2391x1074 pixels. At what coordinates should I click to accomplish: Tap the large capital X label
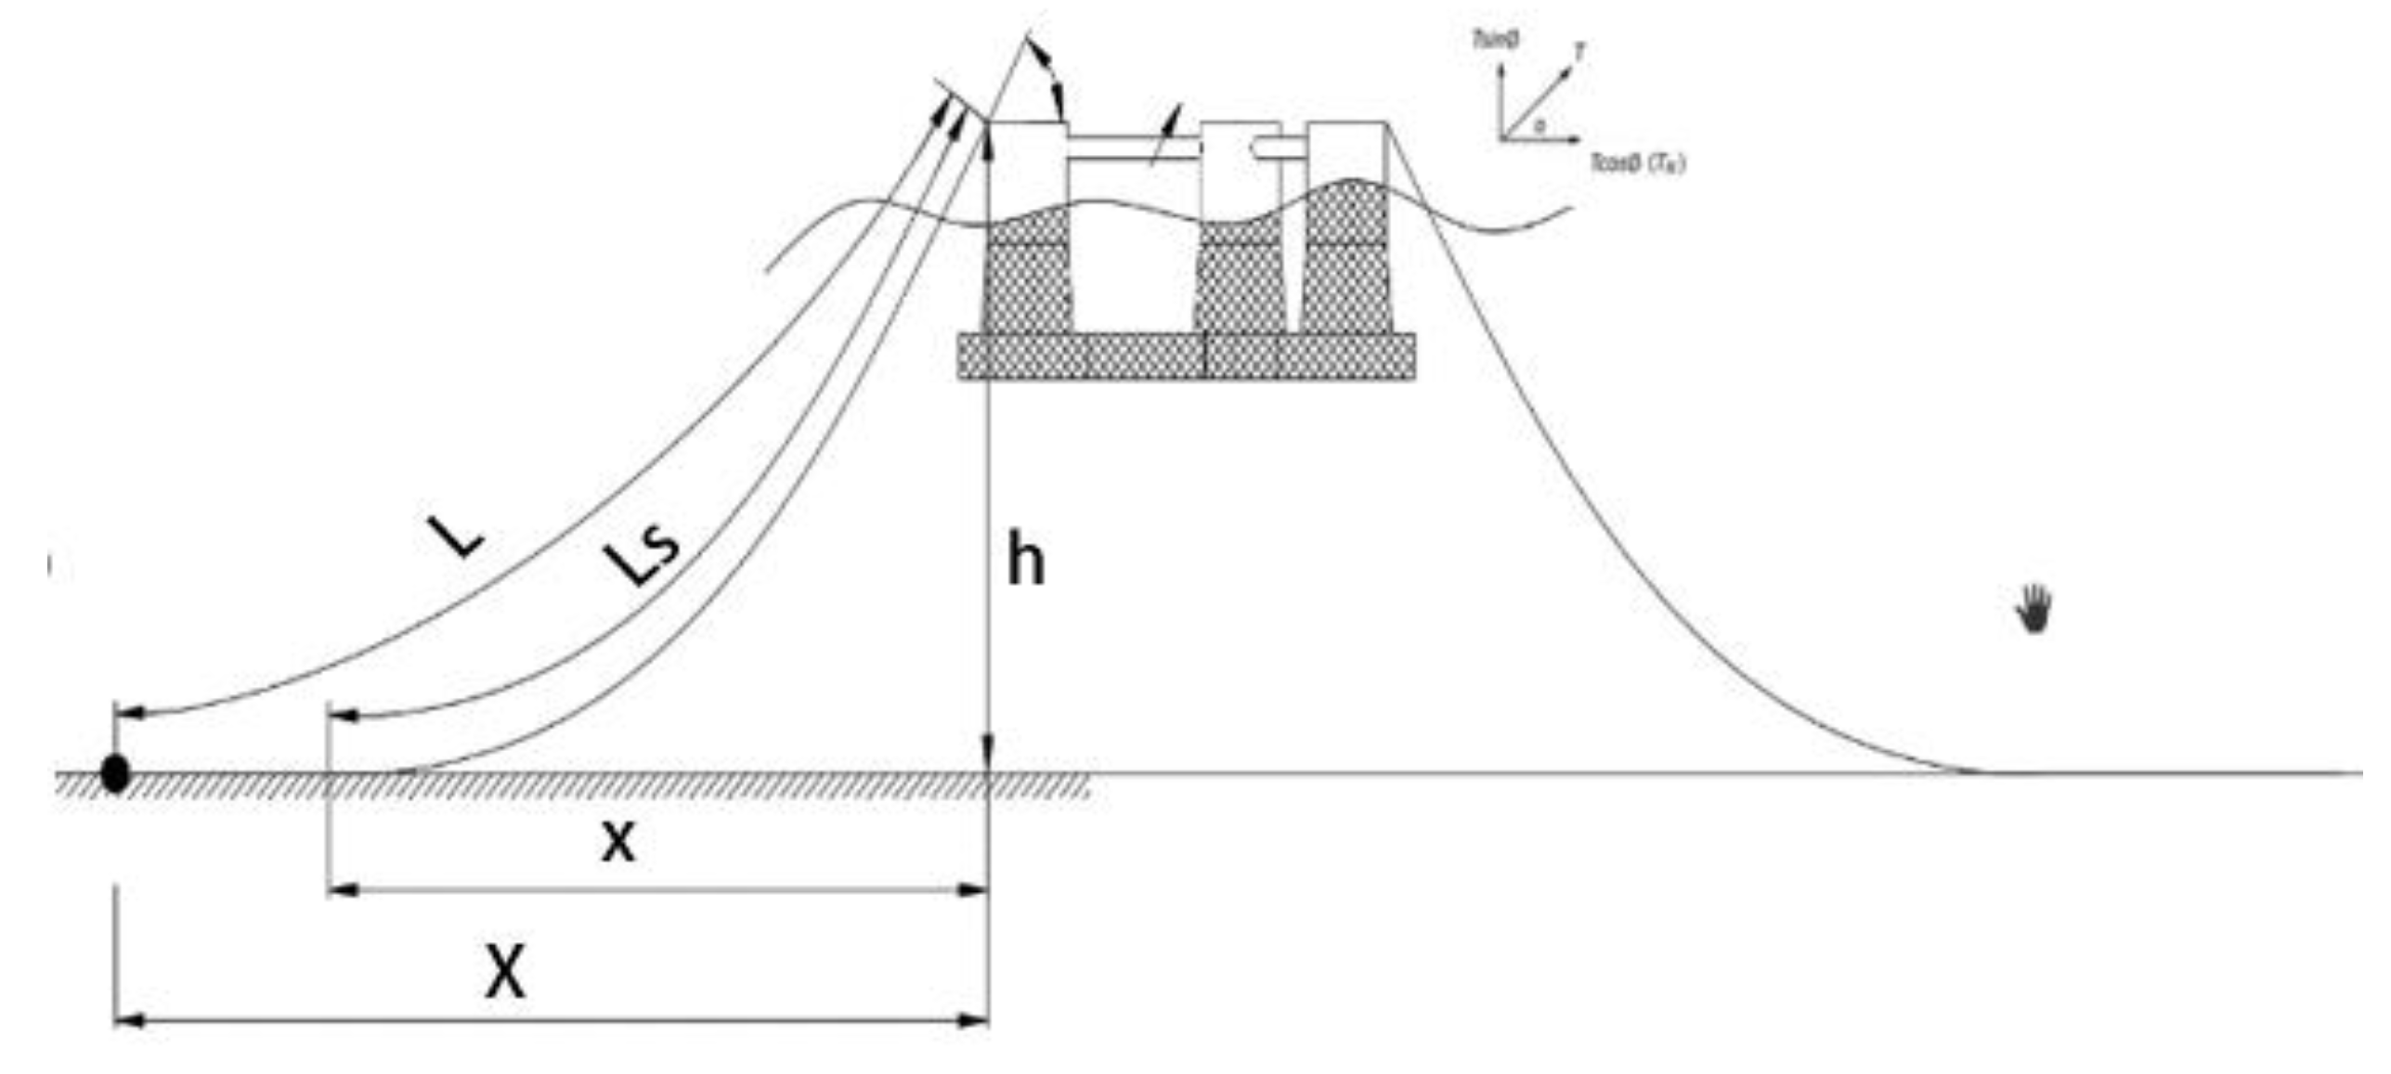coord(505,973)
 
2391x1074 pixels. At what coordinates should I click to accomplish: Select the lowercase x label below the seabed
coord(618,843)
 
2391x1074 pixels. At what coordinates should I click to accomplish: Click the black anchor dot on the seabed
coord(115,773)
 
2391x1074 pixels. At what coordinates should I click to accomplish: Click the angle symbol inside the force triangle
coord(1540,125)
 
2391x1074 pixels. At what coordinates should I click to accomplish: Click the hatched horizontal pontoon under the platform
coord(1187,356)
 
